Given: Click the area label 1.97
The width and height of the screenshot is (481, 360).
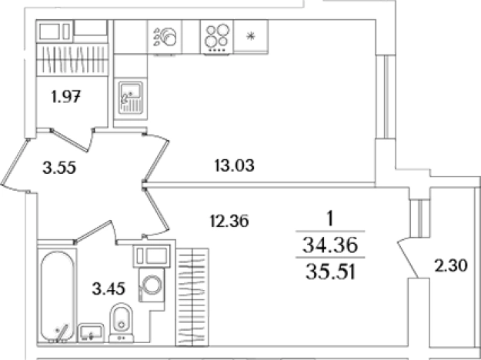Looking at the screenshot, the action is (66, 97).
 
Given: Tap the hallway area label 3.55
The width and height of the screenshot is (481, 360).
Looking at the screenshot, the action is (59, 168).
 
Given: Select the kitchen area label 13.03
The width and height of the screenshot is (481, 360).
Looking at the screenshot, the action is (235, 166).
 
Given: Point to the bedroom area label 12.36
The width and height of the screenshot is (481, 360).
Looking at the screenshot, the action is (229, 221).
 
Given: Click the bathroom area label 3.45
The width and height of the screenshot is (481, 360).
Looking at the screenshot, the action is (109, 288).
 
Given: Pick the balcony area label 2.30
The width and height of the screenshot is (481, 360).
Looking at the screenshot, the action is (451, 265).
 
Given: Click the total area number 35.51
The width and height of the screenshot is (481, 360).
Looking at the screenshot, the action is (330, 272).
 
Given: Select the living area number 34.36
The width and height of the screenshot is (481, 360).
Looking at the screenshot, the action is (330, 245).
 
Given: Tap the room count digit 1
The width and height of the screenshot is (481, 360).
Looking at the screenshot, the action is (330, 219).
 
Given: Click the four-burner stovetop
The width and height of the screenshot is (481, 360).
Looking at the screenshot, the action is (217, 38).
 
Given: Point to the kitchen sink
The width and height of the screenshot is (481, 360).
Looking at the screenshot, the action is (131, 98).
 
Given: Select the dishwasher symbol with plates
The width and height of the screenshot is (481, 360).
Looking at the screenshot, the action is (165, 38).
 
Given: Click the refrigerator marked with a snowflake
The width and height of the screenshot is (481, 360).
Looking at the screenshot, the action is (251, 37).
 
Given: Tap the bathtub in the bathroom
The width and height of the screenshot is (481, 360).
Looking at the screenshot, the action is (57, 296).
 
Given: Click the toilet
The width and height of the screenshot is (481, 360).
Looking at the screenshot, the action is (122, 322).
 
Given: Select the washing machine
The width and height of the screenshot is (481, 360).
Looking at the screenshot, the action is (152, 285).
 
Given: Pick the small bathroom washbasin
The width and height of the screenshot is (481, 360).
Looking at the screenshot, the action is (90, 333).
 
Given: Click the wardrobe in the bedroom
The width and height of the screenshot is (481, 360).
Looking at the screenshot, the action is (192, 297).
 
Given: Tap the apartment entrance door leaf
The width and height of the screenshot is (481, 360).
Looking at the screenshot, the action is (15, 162).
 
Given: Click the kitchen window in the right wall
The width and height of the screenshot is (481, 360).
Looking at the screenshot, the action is (386, 97).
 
